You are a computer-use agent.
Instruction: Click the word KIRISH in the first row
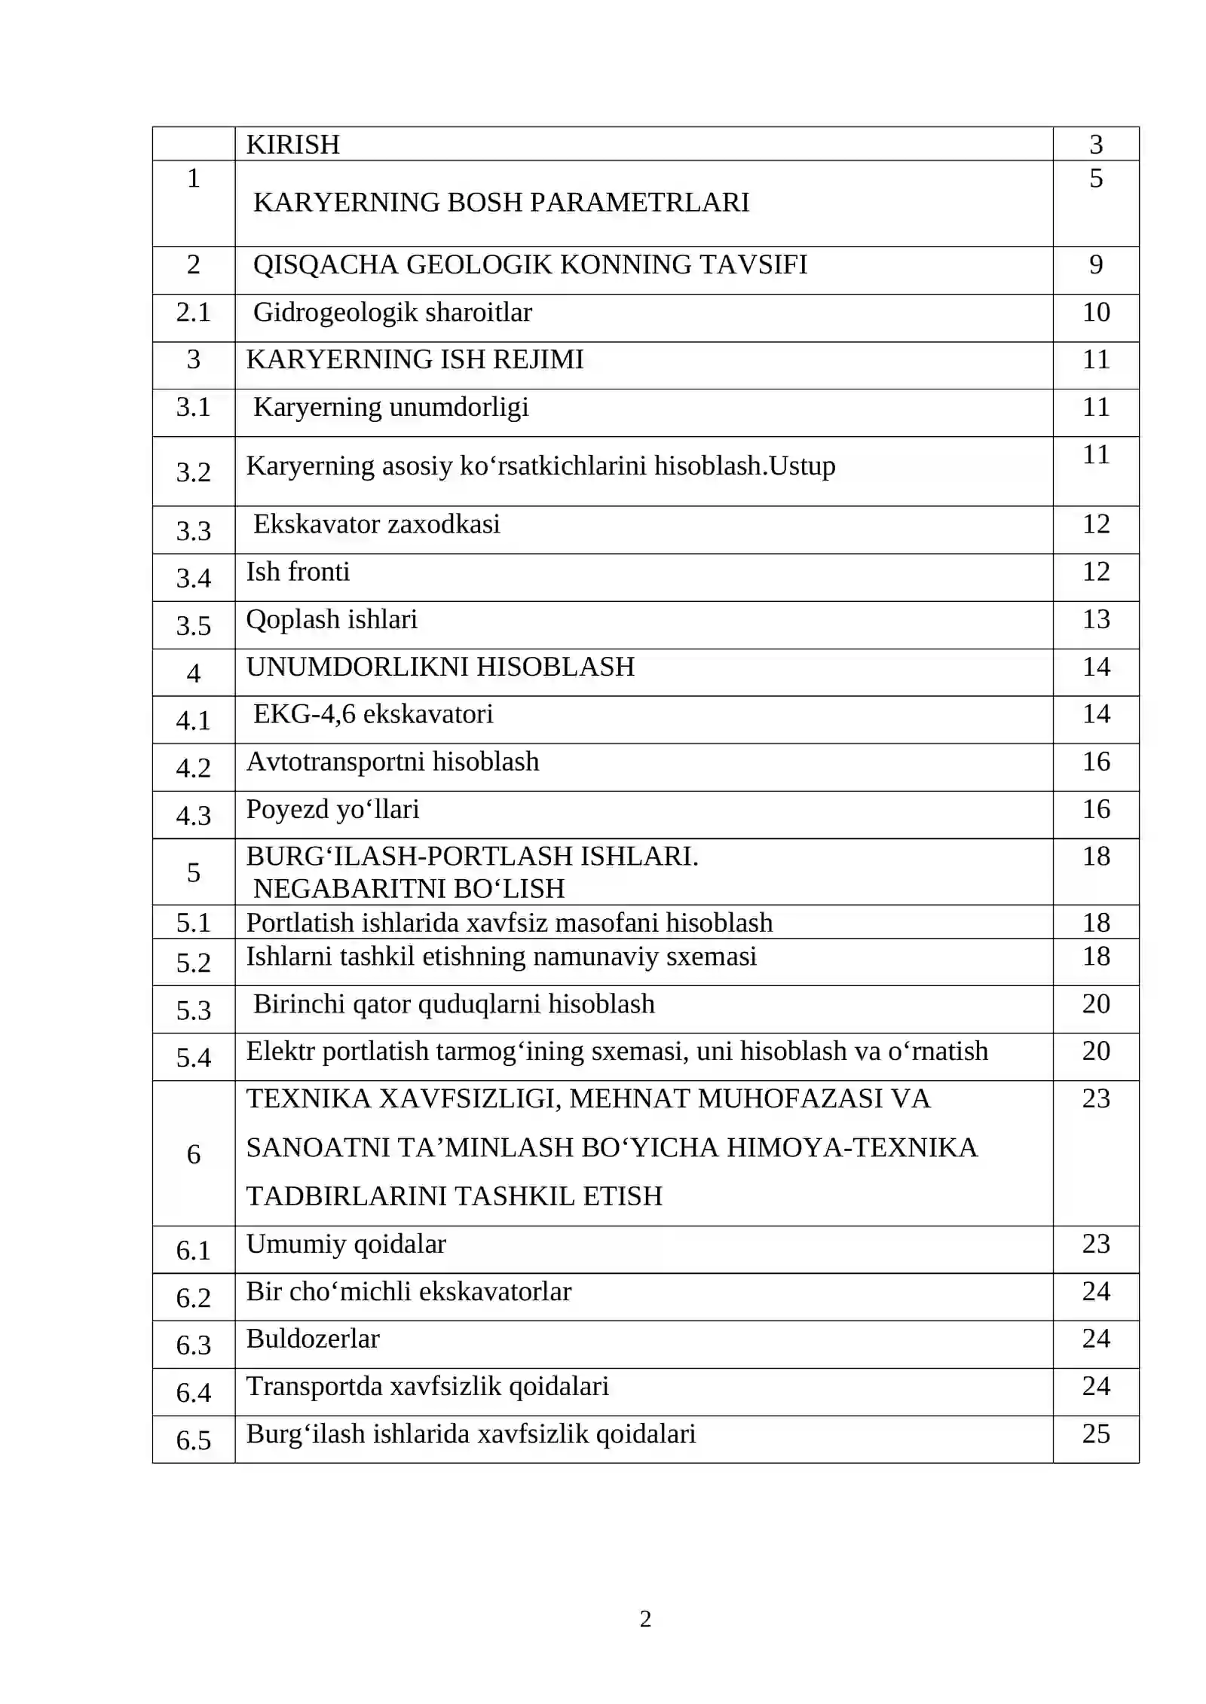(292, 144)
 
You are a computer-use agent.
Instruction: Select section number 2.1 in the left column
(193, 312)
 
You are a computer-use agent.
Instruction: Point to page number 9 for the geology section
(1096, 264)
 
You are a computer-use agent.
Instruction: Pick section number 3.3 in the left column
(193, 530)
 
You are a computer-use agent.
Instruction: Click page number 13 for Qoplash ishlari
(1096, 619)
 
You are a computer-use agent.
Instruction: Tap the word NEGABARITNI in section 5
(347, 889)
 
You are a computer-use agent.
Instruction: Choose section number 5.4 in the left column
(193, 1058)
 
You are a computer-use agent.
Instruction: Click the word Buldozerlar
(313, 1339)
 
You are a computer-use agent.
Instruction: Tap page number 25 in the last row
(1096, 1434)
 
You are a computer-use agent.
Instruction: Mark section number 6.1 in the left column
(193, 1251)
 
